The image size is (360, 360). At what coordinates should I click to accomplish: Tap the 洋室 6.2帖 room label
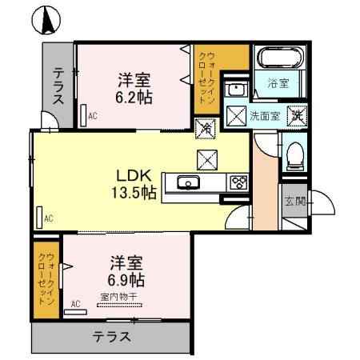coord(135,88)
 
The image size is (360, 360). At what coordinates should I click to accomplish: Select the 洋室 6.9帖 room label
coord(127,272)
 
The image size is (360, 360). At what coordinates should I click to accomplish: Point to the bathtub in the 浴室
coord(278,60)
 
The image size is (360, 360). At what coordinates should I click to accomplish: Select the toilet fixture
coord(294,154)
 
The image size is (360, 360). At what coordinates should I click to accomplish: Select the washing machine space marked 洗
coord(295,114)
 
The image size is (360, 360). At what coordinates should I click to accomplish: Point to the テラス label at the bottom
coord(111,336)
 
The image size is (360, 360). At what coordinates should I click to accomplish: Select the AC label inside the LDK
coord(48,218)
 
